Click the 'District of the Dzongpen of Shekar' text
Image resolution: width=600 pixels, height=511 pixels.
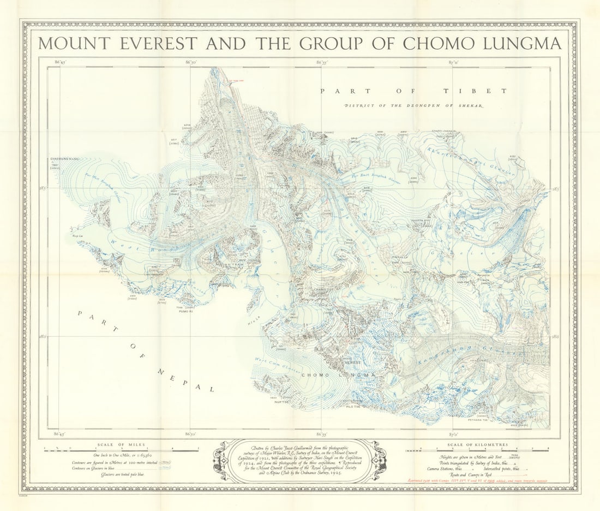point(413,105)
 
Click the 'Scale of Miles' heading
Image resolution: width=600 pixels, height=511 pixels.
point(121,444)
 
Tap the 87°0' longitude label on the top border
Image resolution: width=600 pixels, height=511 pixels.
point(454,63)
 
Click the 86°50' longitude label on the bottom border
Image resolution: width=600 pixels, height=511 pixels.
point(190,434)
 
